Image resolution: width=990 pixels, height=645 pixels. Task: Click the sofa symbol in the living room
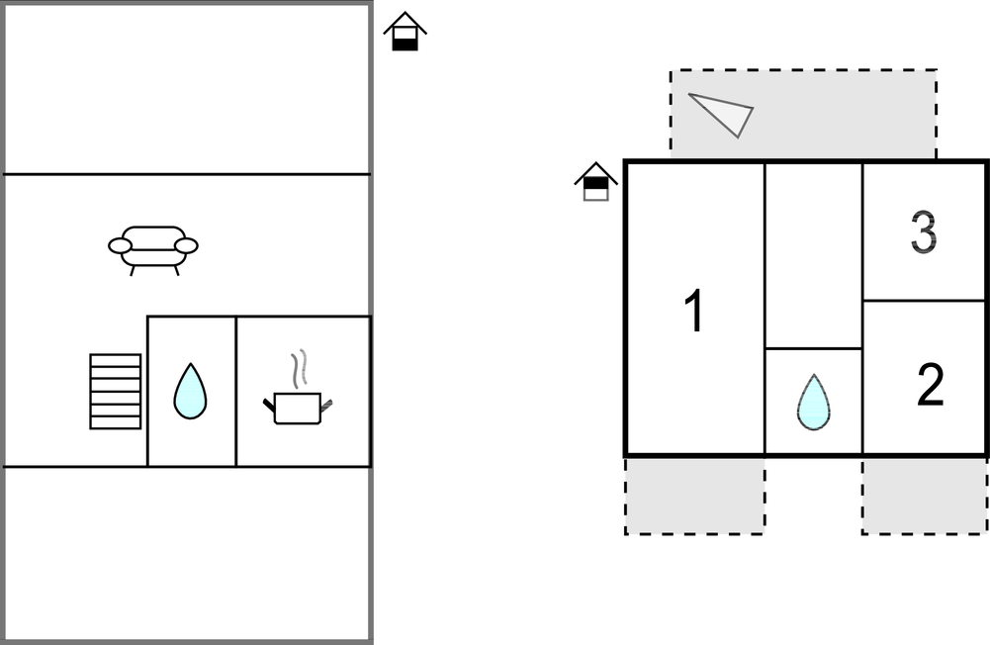153,248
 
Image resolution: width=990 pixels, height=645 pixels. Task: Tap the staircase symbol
115,391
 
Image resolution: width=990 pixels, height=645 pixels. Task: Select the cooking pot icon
297,407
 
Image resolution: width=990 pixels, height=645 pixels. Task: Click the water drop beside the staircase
190,391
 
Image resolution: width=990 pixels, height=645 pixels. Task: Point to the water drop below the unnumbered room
813,402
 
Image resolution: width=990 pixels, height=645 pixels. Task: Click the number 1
695,312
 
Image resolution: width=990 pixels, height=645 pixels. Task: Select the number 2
930,385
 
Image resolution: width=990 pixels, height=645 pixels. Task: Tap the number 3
923,233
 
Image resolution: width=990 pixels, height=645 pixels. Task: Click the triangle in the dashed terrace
724,113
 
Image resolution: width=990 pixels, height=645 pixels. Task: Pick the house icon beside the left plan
405,32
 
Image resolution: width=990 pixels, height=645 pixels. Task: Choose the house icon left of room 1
595,182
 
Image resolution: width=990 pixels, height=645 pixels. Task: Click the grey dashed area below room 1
694,496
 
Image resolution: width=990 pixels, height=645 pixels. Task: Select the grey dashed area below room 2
924,496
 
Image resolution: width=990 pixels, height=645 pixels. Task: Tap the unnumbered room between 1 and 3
814,254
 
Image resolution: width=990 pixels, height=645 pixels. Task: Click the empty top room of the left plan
187,89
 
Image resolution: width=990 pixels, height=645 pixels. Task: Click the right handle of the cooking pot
326,403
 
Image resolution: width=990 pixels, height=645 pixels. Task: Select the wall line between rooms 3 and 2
924,300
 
